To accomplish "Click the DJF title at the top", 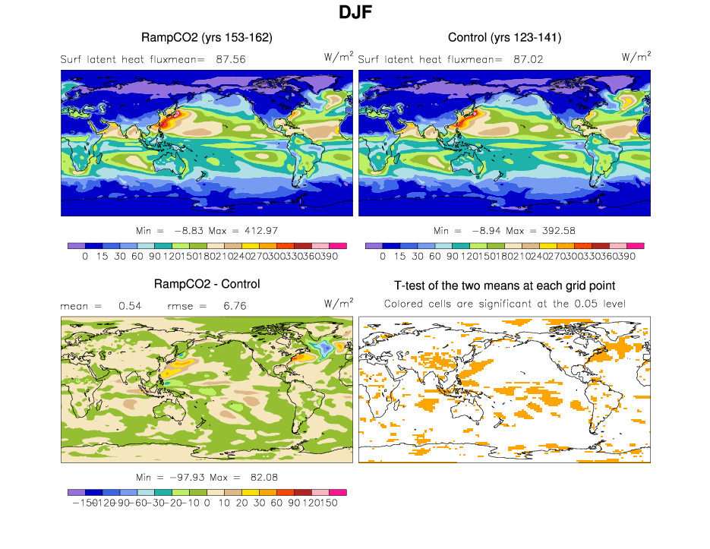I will pos(355,13).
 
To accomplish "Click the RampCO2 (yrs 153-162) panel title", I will pos(207,37).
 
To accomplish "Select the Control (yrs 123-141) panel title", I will pos(504,37).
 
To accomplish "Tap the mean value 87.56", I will pos(230,58).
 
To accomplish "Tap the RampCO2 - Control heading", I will pos(207,284).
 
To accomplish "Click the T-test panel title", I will pos(504,286).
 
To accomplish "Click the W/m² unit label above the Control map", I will pos(636,56).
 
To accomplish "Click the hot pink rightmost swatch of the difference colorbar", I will pos(338,492).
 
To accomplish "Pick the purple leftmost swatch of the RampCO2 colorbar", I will pos(76,246).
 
